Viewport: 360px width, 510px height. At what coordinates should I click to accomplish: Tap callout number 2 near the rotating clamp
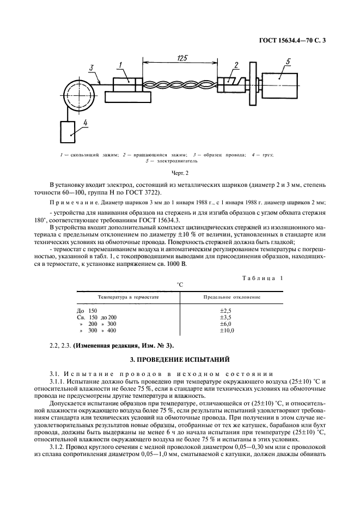point(236,66)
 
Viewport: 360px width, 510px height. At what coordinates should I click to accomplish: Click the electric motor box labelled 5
point(279,85)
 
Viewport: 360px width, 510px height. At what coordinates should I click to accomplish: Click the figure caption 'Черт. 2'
point(179,172)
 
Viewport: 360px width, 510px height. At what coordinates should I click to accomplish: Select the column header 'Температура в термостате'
point(128,297)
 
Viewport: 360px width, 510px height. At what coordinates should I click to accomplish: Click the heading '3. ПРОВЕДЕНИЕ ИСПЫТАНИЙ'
point(179,360)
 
